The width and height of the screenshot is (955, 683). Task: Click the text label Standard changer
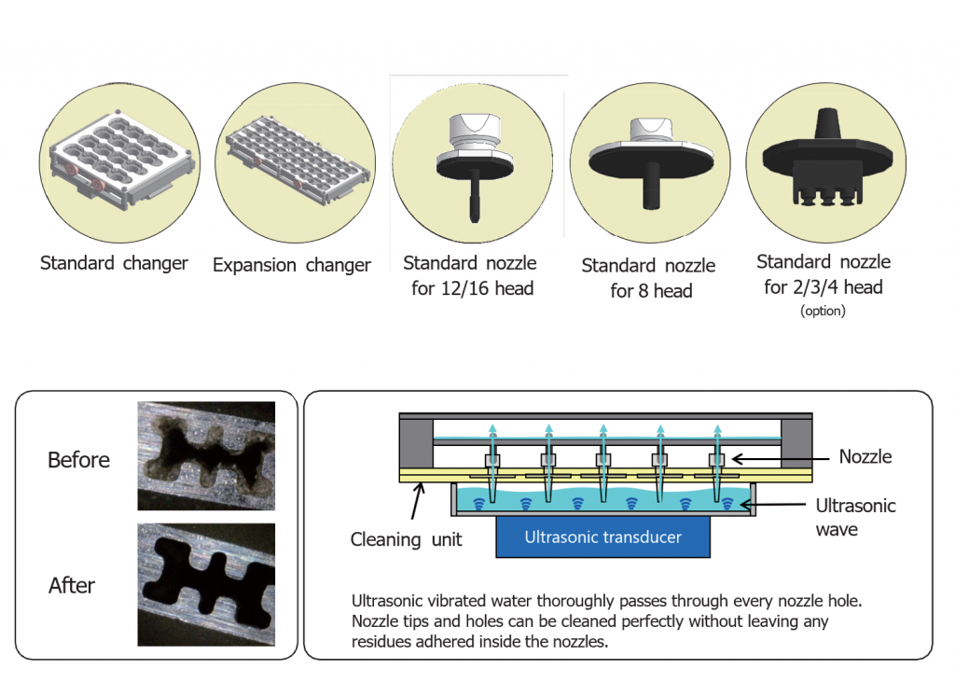[x=114, y=263]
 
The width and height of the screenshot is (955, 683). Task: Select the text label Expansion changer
[x=292, y=265]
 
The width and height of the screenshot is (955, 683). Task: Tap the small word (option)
[x=823, y=312]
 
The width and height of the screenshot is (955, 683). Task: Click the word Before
[x=79, y=460]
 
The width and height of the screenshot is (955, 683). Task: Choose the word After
[x=73, y=586]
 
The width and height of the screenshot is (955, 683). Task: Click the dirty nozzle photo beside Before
[x=206, y=455]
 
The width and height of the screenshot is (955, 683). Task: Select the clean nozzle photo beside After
[x=206, y=583]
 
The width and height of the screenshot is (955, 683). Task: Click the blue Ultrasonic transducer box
[x=602, y=537]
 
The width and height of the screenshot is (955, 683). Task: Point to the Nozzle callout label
[x=865, y=457]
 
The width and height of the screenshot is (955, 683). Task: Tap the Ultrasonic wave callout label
[x=855, y=518]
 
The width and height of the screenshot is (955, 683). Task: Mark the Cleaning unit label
[x=406, y=539]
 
